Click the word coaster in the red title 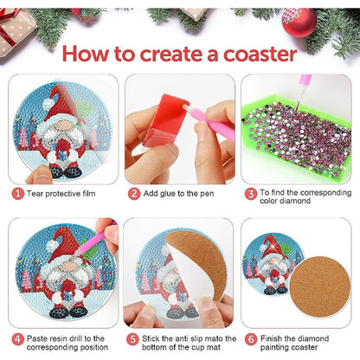(260, 55)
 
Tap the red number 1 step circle (18, 193)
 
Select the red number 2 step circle (134, 194)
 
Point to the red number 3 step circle (251, 194)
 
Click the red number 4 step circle (18, 339)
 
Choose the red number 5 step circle (132, 339)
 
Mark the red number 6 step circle (251, 339)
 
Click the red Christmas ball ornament (299, 22)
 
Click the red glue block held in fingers (165, 120)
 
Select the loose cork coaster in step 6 (319, 286)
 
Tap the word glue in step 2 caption (164, 194)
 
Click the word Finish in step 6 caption (271, 338)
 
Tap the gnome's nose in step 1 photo (65, 125)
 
